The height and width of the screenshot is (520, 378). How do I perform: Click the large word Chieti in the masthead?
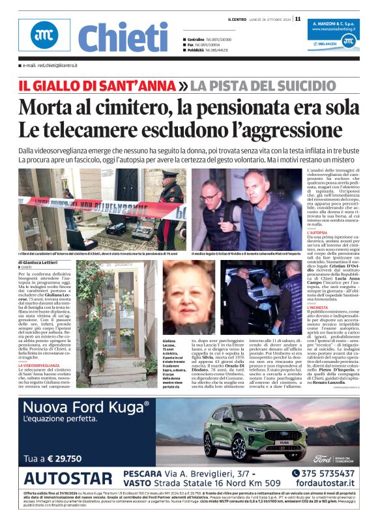(123, 37)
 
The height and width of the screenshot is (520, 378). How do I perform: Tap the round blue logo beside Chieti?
(45, 35)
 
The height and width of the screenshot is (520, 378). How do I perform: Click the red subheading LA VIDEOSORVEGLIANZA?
(41, 366)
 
